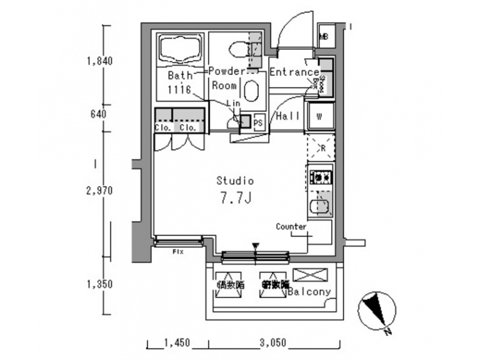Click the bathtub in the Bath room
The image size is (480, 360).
[180, 49]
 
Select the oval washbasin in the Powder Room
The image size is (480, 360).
[251, 91]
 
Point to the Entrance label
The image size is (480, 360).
[295, 72]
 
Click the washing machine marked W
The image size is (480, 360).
[320, 116]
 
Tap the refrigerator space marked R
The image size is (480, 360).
[319, 147]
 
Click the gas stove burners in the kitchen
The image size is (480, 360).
[320, 177]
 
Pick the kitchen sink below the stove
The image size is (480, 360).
[320, 203]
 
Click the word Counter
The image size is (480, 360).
[291, 227]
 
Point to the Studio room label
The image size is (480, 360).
[235, 180]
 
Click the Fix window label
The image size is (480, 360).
[178, 252]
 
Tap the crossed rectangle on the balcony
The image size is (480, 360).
[311, 274]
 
